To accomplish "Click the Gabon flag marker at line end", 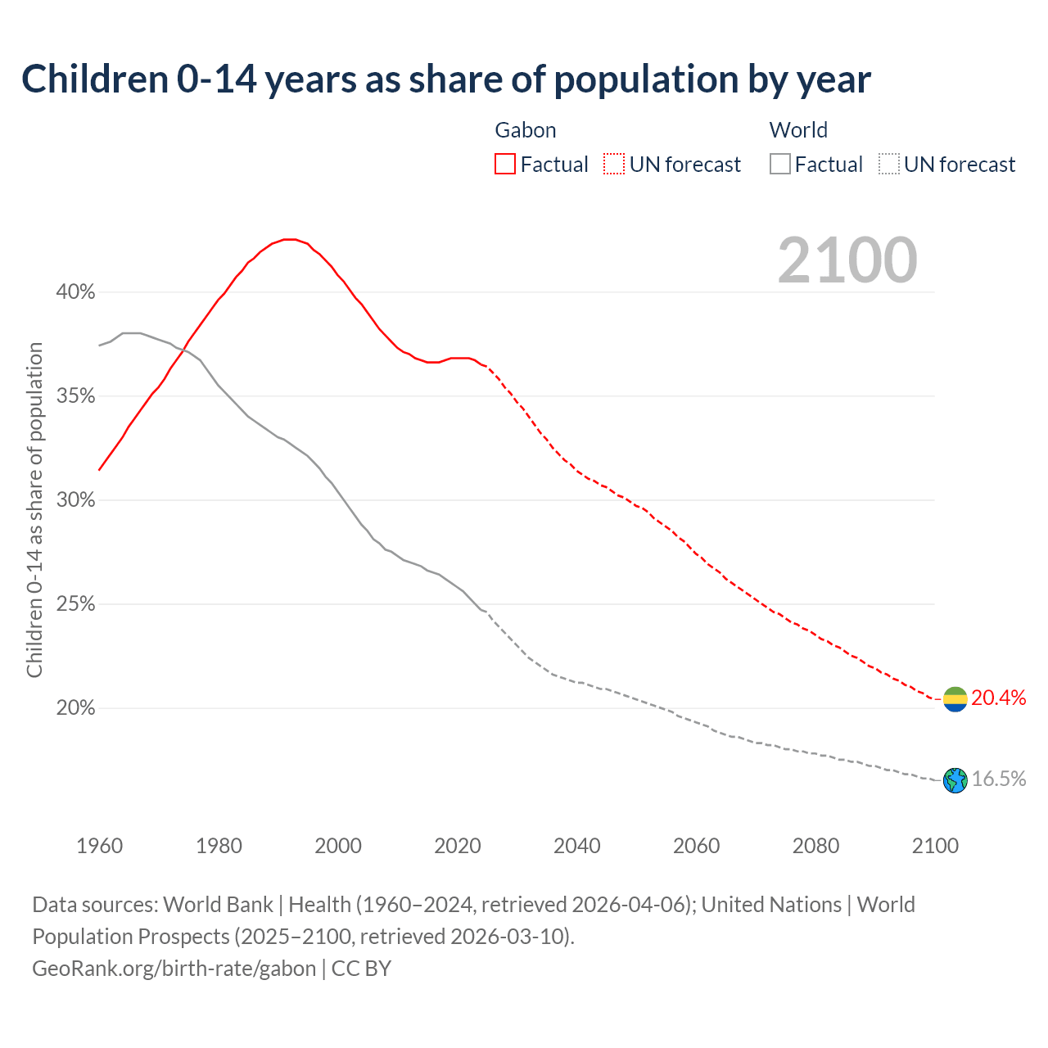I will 955,699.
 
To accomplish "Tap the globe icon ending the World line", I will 955,780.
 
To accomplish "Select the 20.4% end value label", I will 998,698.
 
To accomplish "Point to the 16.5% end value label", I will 998,779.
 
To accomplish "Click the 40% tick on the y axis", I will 75,292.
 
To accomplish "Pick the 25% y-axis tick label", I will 75,604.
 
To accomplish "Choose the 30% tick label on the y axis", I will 75,500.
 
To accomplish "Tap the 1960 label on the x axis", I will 99,846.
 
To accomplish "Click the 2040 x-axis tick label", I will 577,846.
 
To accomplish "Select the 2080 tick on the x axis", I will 815,846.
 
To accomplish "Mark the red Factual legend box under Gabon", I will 505,165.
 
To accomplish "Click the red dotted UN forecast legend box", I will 614,165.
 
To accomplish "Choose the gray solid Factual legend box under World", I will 780,165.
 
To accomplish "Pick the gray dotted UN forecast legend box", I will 888,165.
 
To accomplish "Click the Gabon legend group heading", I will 526,130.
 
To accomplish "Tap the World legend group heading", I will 798,130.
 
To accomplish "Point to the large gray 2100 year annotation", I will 847,260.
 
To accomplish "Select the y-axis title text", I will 34,510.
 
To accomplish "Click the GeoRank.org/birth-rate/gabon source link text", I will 174,969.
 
